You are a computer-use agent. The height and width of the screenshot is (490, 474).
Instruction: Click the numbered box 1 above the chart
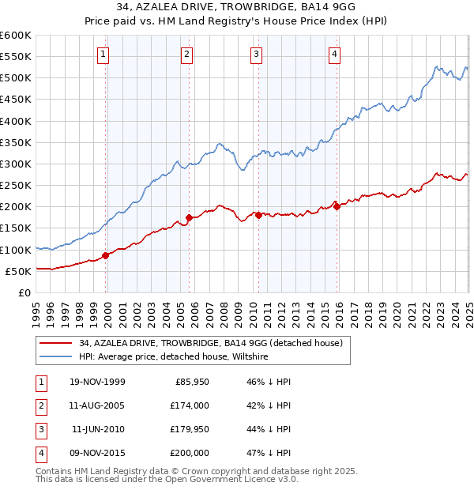coord(103,55)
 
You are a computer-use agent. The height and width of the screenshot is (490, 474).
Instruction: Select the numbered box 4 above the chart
coord(335,55)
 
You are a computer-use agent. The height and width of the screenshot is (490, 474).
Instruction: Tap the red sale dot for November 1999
coord(106,255)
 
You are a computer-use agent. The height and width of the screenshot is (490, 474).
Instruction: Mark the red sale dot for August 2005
coord(189,217)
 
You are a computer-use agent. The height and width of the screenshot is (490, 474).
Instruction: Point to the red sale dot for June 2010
coord(258,214)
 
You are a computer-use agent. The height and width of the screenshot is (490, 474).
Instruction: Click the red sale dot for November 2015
coord(337,206)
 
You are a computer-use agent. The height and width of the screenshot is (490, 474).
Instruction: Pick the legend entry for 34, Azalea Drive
coord(210,343)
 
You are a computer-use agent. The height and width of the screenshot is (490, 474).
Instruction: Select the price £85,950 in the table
coord(192,382)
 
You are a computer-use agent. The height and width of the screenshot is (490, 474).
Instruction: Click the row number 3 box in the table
coord(39,429)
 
